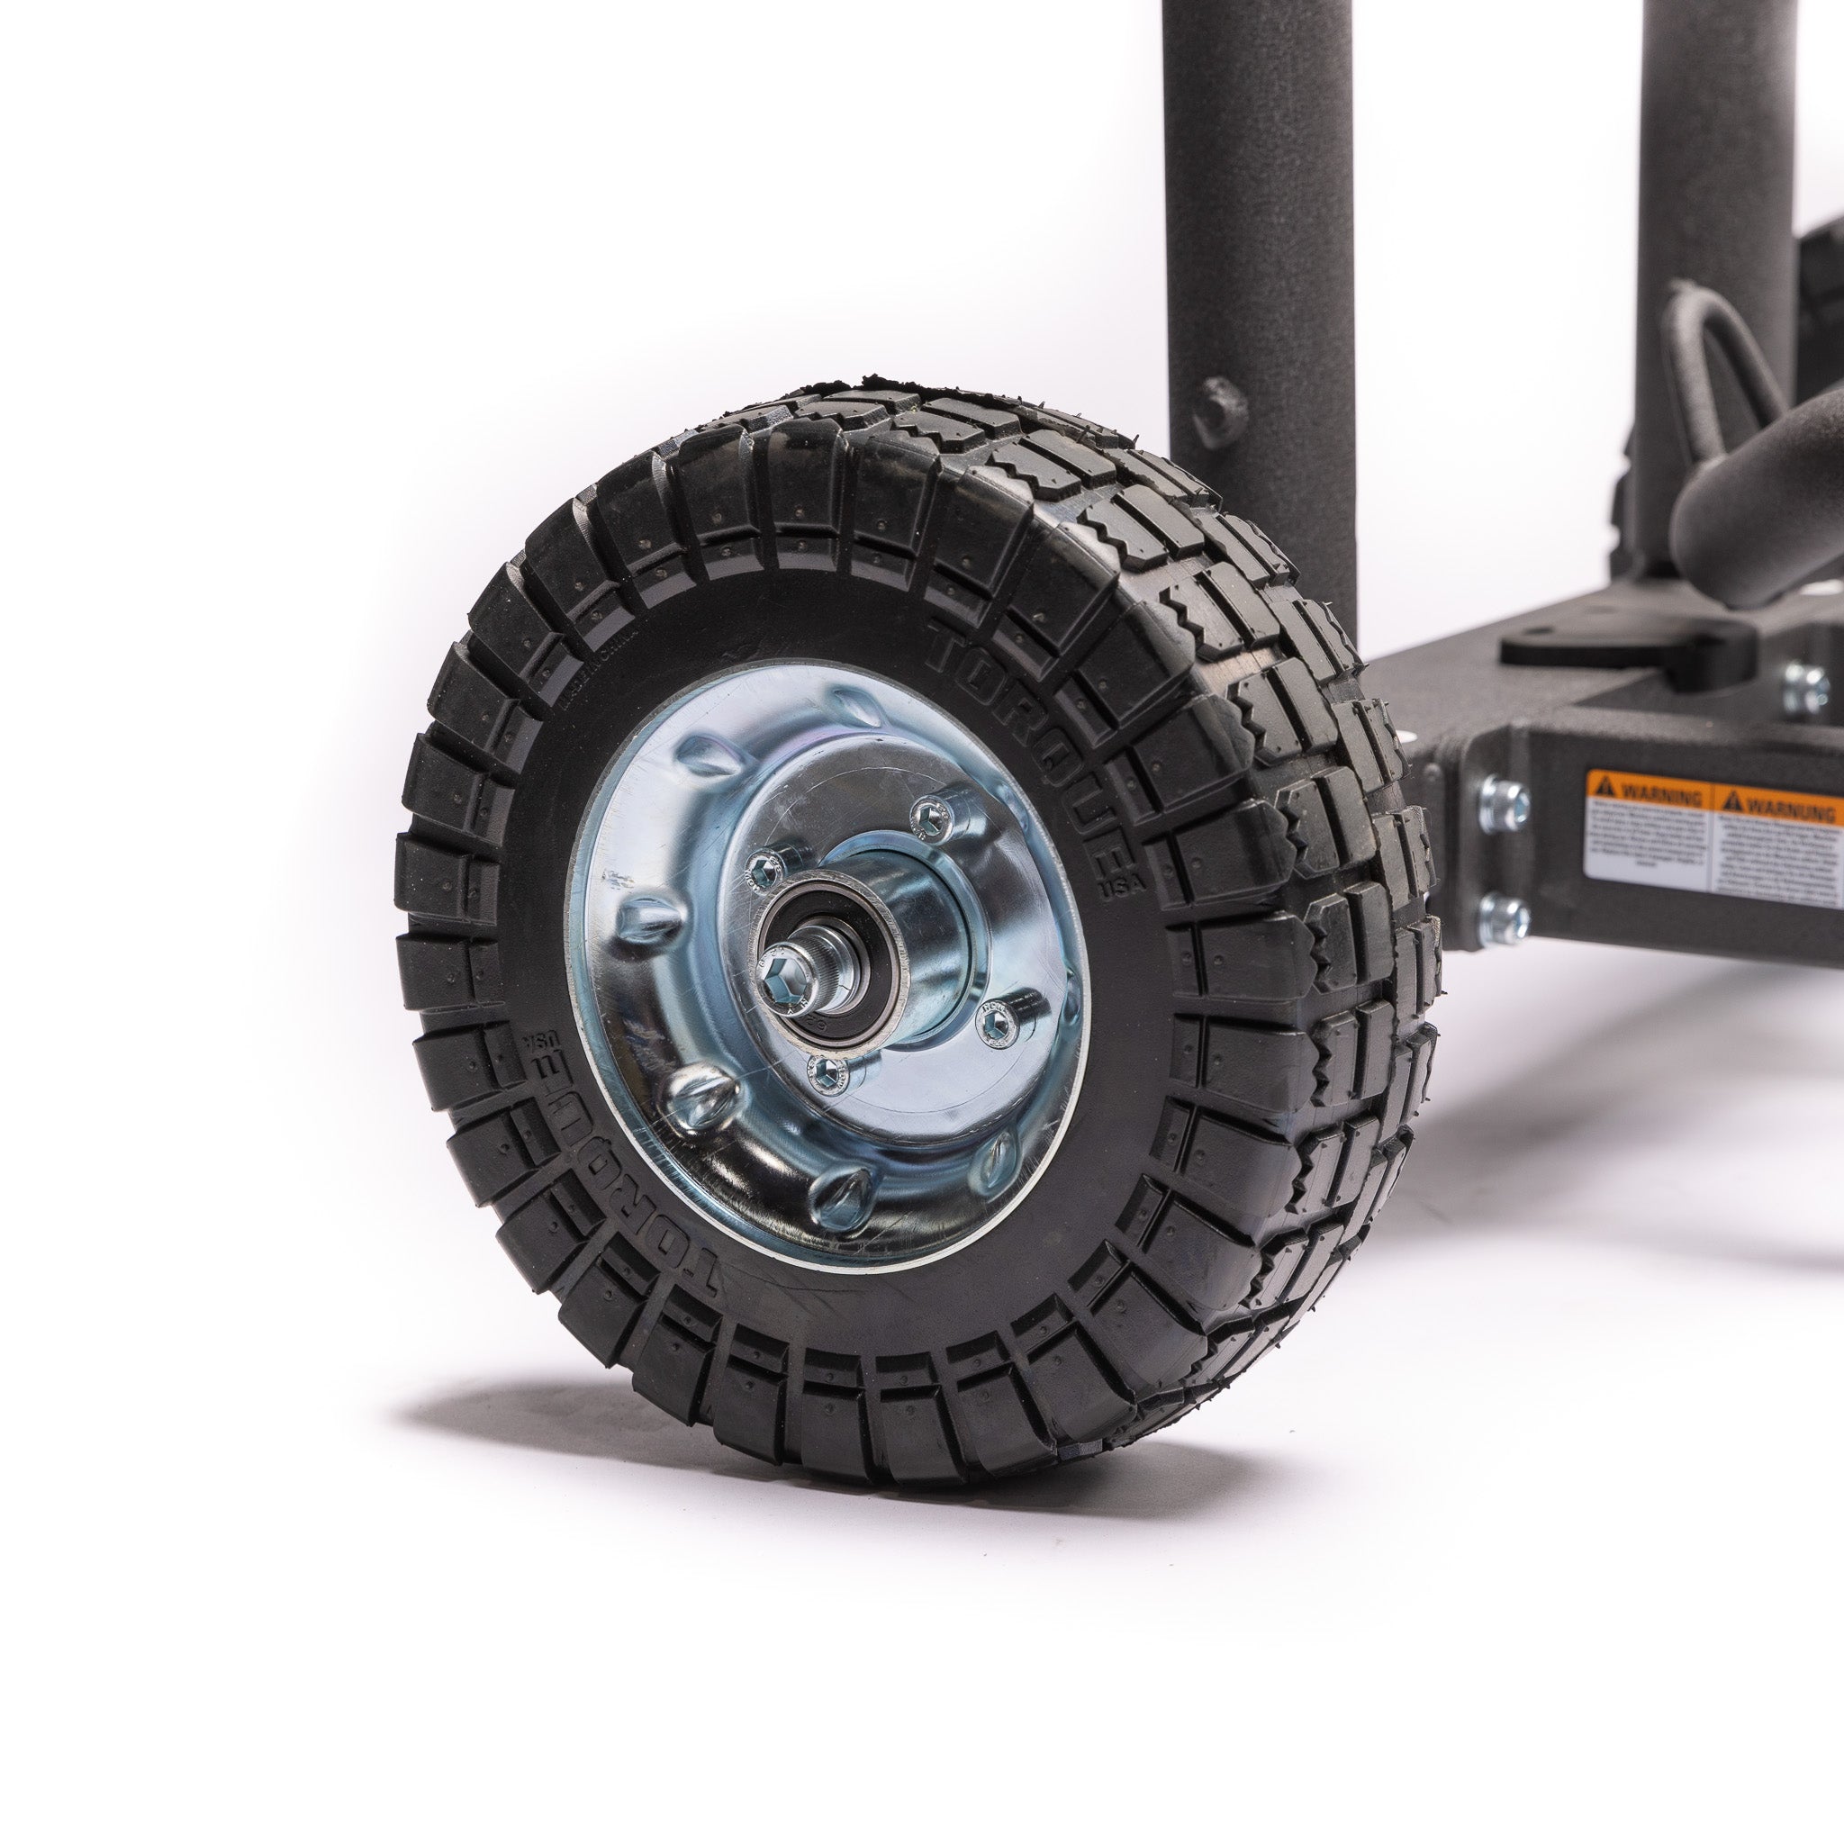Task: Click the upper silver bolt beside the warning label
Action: [1505, 805]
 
